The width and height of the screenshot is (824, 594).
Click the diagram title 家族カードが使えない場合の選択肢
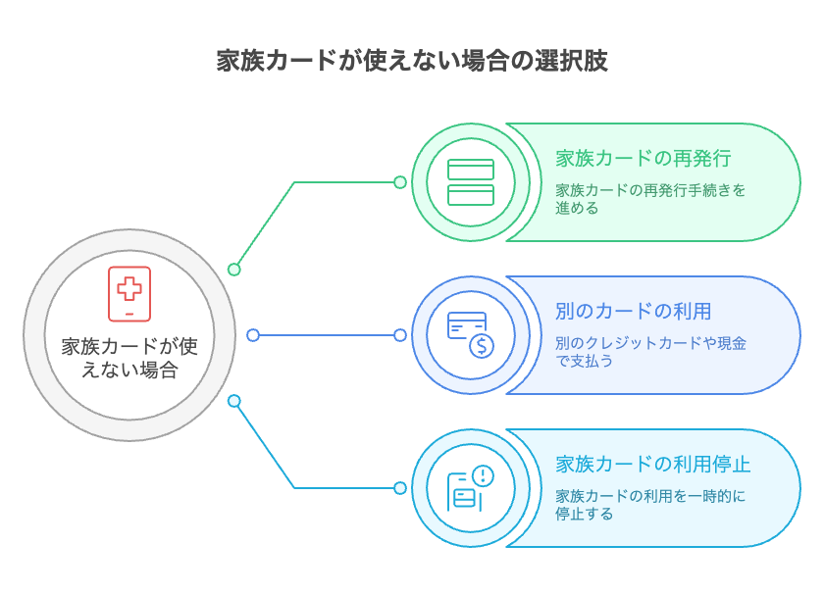(412, 61)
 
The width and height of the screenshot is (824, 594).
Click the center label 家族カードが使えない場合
(129, 358)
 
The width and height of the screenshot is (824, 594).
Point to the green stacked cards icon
(471, 182)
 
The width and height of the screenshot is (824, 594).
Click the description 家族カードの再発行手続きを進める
(650, 199)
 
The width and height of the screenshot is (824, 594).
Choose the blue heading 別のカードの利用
(633, 312)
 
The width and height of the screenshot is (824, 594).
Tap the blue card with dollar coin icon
(471, 334)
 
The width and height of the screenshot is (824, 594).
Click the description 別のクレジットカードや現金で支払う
(650, 352)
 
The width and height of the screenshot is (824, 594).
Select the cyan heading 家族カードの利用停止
(653, 465)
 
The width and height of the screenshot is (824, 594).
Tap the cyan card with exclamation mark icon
(471, 487)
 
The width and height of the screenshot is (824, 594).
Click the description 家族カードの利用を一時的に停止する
(650, 505)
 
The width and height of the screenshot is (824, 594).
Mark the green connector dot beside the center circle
(233, 269)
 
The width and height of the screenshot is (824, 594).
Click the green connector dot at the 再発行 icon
(400, 182)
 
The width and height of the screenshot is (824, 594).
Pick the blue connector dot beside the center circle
(253, 335)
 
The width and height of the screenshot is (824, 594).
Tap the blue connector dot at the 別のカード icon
(400, 335)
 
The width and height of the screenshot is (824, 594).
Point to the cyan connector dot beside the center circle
(233, 401)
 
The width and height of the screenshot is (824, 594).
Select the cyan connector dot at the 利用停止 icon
(400, 487)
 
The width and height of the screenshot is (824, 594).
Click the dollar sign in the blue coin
(481, 345)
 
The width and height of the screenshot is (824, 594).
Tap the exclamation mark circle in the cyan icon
(483, 475)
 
